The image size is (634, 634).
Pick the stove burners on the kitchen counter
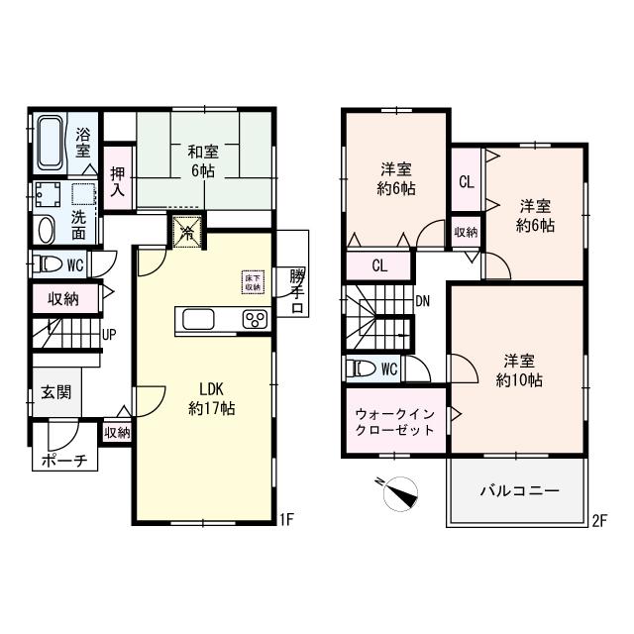255,319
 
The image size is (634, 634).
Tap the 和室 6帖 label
204,160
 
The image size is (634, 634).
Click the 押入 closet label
118,174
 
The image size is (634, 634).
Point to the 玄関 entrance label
55,392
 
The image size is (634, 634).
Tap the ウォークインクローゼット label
394,422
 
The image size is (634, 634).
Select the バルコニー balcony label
520,489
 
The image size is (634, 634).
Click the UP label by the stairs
108,334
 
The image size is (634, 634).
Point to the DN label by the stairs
423,301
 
